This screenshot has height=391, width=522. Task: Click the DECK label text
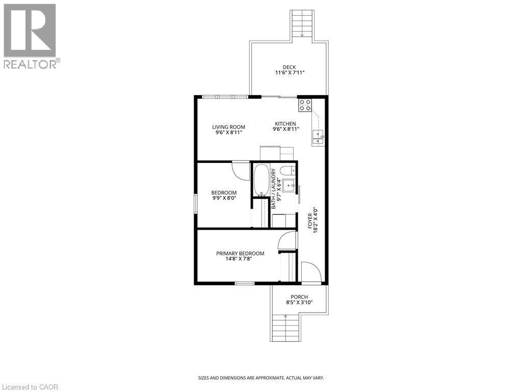(289, 67)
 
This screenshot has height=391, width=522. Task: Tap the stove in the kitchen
(305, 105)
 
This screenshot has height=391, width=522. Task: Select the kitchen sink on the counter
(319, 134)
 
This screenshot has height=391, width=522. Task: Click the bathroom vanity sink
(289, 184)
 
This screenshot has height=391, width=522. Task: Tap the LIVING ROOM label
(228, 127)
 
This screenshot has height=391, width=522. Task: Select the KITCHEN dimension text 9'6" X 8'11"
(285, 129)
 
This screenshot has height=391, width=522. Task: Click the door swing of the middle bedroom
(239, 170)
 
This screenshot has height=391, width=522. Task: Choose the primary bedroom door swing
(288, 240)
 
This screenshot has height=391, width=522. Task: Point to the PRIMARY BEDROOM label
(240, 254)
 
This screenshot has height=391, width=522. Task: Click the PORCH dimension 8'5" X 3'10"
(299, 302)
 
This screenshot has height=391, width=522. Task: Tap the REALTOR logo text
(31, 64)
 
